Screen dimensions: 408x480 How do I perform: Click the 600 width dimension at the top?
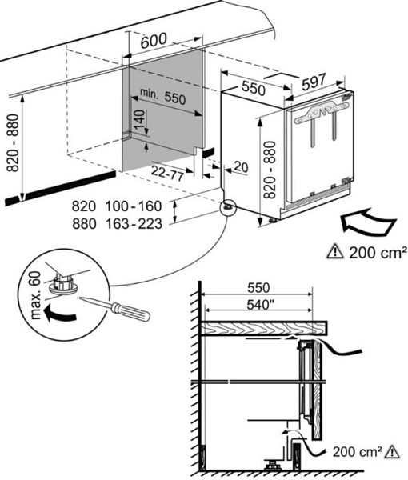click(x=154, y=41)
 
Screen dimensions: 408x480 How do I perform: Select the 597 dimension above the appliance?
click(x=314, y=82)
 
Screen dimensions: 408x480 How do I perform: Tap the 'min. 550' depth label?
click(x=162, y=96)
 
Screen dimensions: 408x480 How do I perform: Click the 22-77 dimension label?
click(x=167, y=174)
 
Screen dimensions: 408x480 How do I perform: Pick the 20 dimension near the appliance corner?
click(x=241, y=167)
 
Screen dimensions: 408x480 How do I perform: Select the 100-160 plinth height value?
click(x=134, y=206)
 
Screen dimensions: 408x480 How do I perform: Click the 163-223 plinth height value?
click(x=134, y=224)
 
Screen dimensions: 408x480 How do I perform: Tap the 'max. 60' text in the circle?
click(x=36, y=294)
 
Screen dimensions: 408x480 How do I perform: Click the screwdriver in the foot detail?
click(x=114, y=308)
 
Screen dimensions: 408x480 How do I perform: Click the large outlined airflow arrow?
click(x=368, y=222)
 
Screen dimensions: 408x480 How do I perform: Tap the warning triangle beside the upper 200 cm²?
click(x=336, y=252)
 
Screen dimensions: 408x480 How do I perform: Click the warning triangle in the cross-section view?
click(x=392, y=452)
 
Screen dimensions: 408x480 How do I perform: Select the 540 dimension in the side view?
click(x=260, y=305)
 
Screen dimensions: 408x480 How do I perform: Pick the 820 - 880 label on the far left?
click(x=13, y=142)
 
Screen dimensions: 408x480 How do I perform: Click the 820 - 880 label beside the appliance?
click(x=270, y=170)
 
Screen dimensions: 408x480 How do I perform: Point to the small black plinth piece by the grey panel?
click(x=208, y=152)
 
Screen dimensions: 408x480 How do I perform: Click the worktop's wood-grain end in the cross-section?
click(x=263, y=328)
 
